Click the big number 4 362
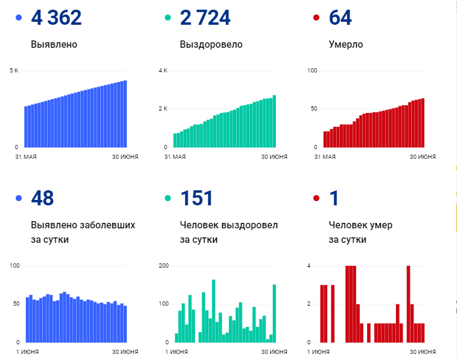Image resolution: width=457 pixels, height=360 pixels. [56, 18]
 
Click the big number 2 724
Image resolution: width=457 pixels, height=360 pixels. [205, 18]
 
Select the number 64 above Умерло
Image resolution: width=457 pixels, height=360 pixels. [340, 18]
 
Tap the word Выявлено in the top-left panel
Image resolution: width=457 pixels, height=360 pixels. [54, 44]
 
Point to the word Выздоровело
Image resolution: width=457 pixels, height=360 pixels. [211, 44]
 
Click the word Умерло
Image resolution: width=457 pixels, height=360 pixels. [346, 44]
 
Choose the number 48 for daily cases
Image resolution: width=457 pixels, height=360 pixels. [42, 198]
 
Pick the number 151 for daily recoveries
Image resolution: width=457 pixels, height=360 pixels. [196, 198]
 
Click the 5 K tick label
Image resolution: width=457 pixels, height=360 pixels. [14, 71]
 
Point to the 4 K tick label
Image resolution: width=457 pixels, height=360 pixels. [163, 71]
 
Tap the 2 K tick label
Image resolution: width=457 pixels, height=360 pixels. [163, 109]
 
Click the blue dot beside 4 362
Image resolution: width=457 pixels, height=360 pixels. [19, 18]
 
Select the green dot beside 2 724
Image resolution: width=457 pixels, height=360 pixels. [168, 18]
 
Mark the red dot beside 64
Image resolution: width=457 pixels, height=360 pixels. [317, 18]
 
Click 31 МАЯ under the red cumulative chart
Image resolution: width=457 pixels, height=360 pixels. [325, 157]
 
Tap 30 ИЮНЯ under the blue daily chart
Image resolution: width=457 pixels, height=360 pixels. [125, 352]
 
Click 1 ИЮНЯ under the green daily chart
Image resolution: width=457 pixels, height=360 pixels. [176, 352]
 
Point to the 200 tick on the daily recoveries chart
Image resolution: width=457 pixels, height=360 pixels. [163, 266]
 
